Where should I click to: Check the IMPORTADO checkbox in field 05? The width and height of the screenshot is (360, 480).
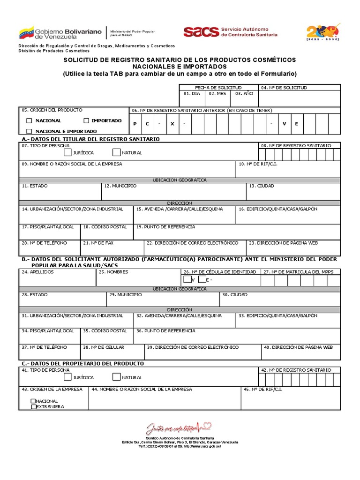(86, 121)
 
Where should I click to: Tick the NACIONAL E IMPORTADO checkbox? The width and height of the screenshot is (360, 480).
(30, 131)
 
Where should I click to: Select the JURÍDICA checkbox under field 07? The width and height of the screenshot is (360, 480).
(68, 152)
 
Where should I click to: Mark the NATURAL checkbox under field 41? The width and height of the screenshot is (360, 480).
(116, 377)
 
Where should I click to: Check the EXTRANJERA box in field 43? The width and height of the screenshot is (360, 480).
(33, 407)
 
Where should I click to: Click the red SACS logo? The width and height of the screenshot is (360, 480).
(201, 31)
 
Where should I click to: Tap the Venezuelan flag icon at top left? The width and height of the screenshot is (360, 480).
(26, 33)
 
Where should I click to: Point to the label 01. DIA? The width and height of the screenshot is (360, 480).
(191, 94)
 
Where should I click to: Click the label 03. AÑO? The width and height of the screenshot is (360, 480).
(244, 94)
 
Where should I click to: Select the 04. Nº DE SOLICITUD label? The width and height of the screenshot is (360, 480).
(284, 88)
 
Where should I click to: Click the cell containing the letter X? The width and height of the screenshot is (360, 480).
(172, 124)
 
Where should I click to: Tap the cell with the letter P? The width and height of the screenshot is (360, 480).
(135, 124)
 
